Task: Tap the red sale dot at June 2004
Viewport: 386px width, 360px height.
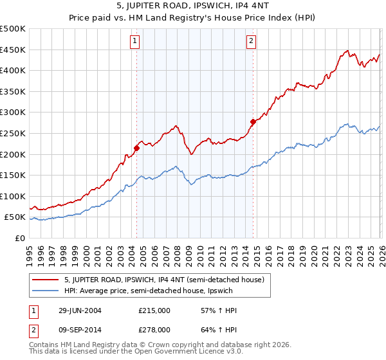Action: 136,148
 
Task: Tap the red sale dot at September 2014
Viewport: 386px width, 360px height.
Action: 253,121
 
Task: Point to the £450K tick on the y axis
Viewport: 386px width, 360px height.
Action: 13,50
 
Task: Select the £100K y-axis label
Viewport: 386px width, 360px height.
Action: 13,196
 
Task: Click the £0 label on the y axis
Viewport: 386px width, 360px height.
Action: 19,238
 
